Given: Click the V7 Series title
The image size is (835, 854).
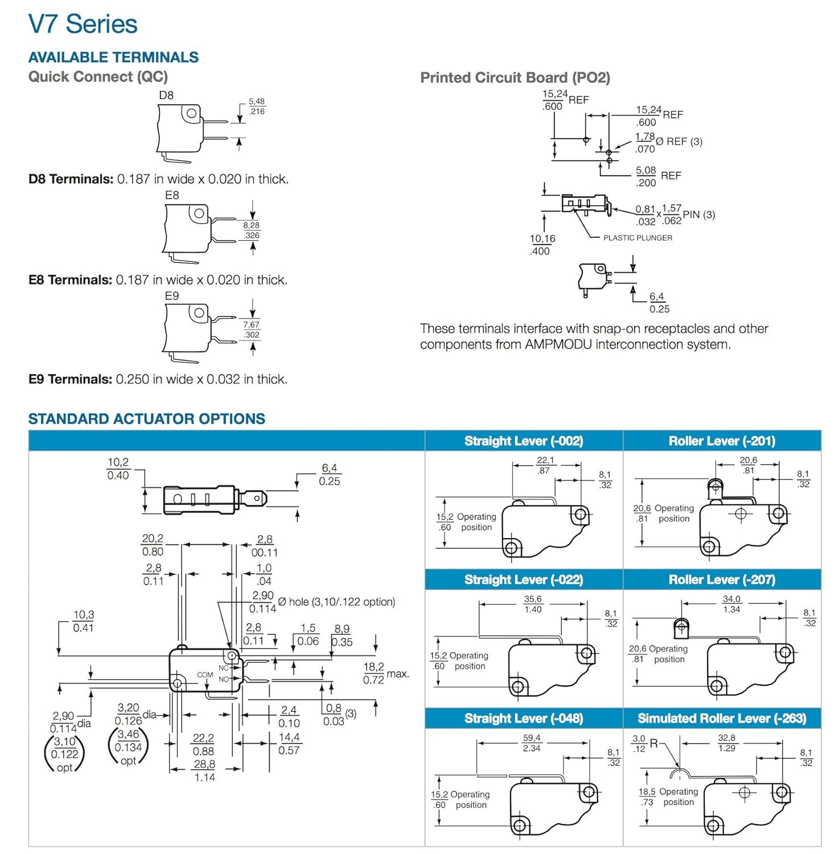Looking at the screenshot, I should pos(83,24).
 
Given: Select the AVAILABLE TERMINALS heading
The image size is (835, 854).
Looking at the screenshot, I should pos(113,58).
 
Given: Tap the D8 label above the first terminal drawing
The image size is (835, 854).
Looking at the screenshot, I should pos(166,96).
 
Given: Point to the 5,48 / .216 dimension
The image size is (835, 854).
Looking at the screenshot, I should pos(257,106).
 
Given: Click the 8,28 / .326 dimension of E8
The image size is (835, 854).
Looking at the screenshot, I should pos(252,230).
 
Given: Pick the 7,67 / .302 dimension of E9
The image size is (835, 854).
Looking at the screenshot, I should pos(252,330).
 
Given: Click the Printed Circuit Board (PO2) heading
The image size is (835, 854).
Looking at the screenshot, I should pos(515,78).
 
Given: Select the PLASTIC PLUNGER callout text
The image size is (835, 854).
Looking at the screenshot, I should pos(637,238).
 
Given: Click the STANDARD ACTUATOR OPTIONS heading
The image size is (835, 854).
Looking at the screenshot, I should pos(147,419).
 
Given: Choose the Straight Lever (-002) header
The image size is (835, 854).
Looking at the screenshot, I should pos(524,441).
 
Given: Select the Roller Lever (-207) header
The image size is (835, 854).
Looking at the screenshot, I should pos(722,580).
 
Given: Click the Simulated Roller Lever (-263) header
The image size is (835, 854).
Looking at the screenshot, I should pos(722,718).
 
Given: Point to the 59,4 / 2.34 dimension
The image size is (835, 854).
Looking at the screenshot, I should pos(532,743).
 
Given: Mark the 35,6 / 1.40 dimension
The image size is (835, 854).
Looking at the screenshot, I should pos(533,604).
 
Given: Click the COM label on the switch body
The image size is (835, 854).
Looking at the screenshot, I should pos(205,675).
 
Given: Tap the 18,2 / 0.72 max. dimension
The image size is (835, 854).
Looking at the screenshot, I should pos(385,673).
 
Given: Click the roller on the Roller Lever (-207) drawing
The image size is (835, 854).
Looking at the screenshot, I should pos(681,627).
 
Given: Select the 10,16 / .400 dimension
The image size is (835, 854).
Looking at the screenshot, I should pos(542,245).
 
